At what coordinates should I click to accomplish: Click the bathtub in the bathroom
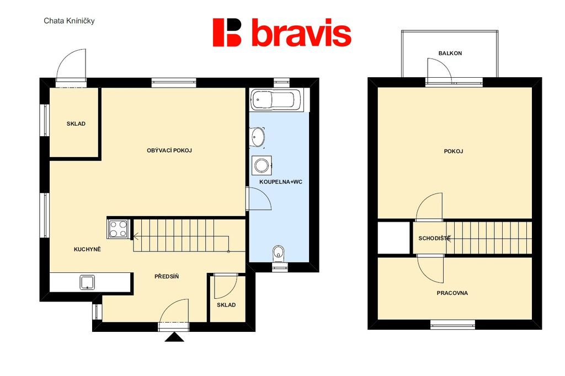276,100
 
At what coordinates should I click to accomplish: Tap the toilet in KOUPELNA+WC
279,253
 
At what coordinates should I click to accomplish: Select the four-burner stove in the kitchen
118,229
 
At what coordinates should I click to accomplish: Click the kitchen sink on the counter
88,282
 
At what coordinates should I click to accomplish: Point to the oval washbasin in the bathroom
258,137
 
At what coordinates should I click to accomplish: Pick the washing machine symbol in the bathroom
262,165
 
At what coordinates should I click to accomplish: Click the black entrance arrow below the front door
174,337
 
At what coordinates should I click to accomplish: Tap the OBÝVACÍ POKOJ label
169,151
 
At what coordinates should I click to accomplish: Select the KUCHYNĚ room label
87,249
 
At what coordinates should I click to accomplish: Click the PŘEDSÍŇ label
167,277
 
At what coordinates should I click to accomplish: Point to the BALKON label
450,53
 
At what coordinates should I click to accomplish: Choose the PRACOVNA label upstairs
452,293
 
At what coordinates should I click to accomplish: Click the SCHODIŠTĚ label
434,238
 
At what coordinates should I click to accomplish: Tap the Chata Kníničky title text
69,21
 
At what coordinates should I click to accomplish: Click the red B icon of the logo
227,33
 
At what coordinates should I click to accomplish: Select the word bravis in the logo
301,33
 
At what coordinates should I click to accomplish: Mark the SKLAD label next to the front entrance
226,305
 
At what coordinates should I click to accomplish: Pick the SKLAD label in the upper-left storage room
76,124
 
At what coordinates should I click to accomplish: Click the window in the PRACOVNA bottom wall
452,324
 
